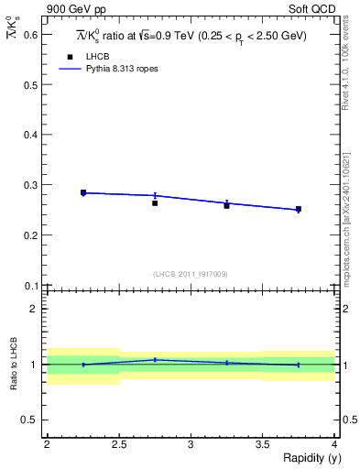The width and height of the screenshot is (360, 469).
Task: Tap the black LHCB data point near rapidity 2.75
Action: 155,203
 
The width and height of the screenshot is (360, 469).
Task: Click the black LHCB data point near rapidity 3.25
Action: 226,205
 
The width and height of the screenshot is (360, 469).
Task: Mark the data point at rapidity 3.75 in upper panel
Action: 299,209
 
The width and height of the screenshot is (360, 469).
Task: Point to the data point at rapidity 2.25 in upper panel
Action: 83,192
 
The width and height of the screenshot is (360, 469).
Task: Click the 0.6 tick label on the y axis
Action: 29,35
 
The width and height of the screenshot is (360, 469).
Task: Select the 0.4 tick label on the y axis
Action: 29,135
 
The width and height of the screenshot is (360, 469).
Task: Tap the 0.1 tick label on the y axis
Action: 29,285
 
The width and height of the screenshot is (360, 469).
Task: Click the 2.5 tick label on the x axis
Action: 118,443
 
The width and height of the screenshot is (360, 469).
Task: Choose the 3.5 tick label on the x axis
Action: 262,443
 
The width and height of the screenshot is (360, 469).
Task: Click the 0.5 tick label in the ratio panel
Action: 29,420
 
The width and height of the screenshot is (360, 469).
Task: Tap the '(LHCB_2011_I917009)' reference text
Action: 191,274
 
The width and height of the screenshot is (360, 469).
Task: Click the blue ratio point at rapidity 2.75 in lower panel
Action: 155,360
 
